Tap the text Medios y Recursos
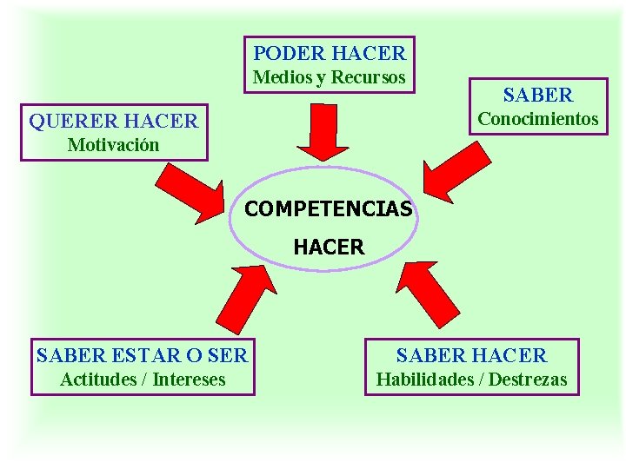click(329, 77)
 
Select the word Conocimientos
click(538, 119)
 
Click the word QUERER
click(74, 121)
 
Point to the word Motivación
click(114, 145)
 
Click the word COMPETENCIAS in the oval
click(329, 210)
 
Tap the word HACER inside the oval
click(329, 248)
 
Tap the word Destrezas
click(528, 380)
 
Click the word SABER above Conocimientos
click(538, 95)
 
